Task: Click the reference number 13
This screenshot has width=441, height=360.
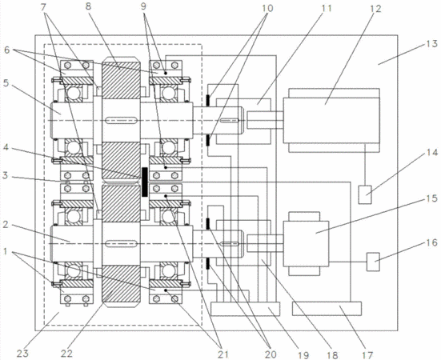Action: (432, 44)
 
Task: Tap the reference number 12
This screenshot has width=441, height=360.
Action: (375, 9)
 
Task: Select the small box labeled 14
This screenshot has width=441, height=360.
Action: (365, 194)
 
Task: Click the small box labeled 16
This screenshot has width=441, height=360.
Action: (373, 262)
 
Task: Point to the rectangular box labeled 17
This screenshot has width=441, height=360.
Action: (327, 309)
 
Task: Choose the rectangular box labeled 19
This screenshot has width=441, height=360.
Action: (245, 309)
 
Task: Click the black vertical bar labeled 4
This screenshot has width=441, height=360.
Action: (145, 182)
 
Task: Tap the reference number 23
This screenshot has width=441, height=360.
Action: (22, 354)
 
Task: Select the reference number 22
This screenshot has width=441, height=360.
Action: (66, 354)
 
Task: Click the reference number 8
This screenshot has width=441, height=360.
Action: (89, 6)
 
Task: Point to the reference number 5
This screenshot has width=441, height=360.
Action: (6, 83)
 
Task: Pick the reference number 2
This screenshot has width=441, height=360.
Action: (6, 224)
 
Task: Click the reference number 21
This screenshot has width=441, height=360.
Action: (223, 354)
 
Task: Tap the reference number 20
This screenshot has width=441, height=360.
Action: (271, 354)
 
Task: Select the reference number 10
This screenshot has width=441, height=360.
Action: (267, 8)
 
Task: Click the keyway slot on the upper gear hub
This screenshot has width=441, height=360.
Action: (121, 121)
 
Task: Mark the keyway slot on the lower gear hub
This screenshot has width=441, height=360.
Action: (121, 243)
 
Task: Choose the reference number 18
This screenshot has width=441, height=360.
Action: (332, 354)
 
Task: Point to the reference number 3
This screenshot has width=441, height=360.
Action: (6, 176)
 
